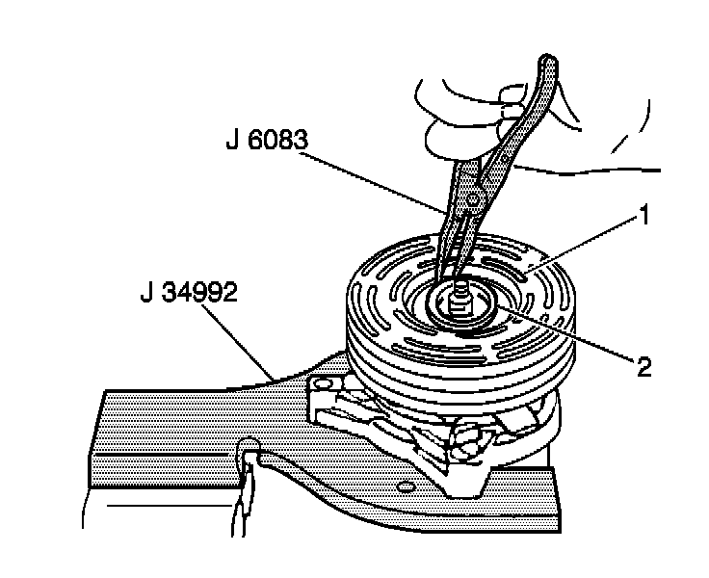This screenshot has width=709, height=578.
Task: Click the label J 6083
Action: pos(267,142)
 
